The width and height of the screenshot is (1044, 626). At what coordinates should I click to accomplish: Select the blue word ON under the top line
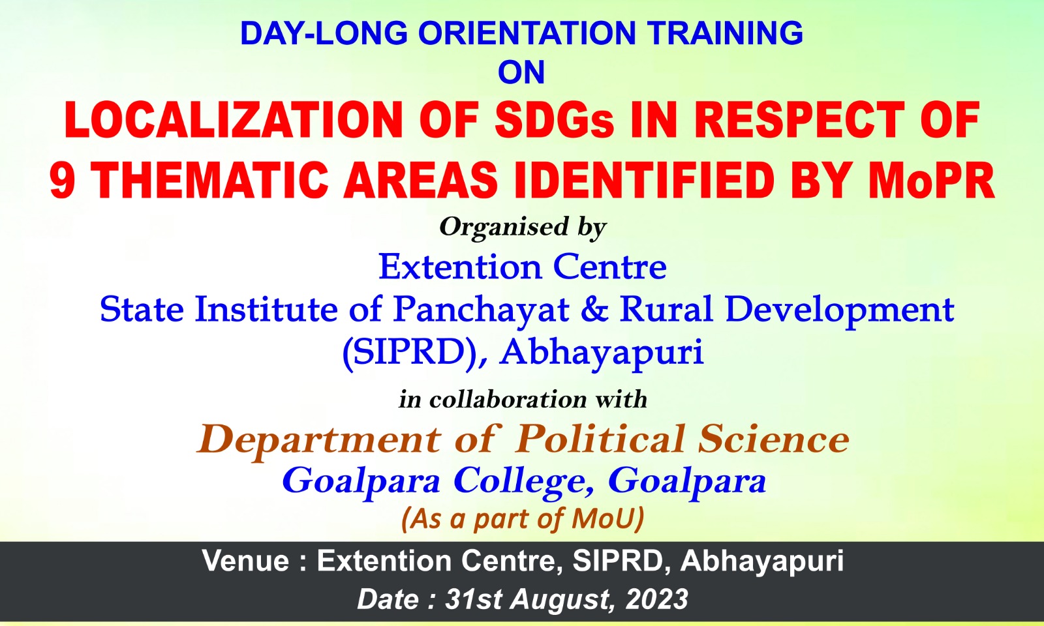[521, 72]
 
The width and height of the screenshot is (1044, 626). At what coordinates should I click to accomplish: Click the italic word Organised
[504, 228]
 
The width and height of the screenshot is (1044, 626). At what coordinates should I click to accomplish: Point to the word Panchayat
[481, 310]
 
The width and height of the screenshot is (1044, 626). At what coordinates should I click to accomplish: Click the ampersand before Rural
[594, 309]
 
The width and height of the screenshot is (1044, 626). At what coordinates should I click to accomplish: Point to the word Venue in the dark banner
[246, 561]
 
